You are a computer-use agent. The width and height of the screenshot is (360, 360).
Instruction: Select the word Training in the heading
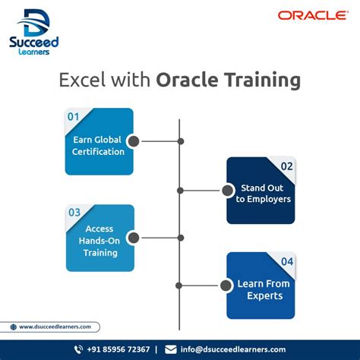pos(257,79)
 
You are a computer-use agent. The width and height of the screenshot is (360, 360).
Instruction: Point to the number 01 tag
pos(73,117)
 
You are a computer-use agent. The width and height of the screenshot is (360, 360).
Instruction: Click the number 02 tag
pos(286,166)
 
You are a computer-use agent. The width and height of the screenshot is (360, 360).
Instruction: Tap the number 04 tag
pos(286,262)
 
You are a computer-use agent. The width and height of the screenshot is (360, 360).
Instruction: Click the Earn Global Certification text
pos(99,146)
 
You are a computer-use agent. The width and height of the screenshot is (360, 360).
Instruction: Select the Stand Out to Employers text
pos(263,194)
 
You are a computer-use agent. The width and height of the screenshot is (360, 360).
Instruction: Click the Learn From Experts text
pos(263,290)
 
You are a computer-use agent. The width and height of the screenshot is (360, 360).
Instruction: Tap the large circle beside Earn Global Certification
pos(134,141)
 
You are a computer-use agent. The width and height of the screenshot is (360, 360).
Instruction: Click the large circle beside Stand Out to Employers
pos(226,190)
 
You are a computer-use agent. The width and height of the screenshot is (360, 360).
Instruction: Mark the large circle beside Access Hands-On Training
pos(134,238)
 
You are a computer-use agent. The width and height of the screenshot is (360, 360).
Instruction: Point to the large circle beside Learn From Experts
pos(226,286)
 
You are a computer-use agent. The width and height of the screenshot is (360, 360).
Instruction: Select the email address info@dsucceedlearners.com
pos(233,349)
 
